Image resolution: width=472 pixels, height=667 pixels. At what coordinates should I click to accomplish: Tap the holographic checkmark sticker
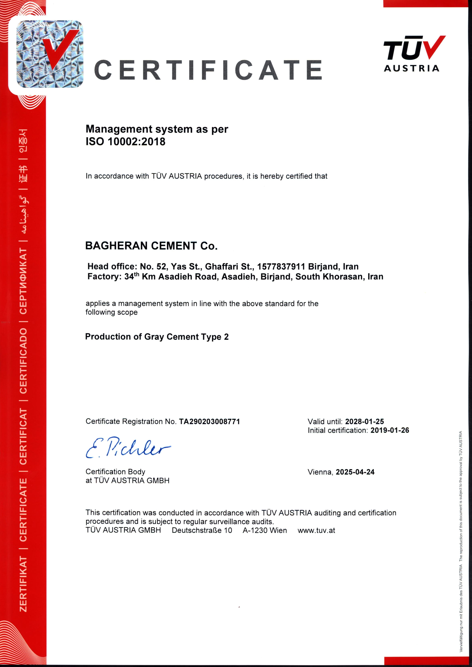pyautogui.click(x=49, y=54)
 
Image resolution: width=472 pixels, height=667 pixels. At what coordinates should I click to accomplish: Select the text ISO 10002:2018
pyautogui.click(x=125, y=142)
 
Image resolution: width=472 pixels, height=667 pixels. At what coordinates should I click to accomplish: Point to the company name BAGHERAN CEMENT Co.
pyautogui.click(x=151, y=246)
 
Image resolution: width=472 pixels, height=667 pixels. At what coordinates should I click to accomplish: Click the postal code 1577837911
pyautogui.click(x=281, y=266)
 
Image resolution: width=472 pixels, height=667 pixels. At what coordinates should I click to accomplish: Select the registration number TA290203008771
pyautogui.click(x=209, y=422)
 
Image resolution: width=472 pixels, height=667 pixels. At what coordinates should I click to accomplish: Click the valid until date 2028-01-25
pyautogui.click(x=364, y=422)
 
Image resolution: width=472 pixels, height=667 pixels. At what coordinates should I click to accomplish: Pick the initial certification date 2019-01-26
pyautogui.click(x=390, y=430)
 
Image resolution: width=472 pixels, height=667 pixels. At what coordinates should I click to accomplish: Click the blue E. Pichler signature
pyautogui.click(x=128, y=448)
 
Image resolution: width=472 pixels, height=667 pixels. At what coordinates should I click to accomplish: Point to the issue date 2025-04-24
pyautogui.click(x=355, y=472)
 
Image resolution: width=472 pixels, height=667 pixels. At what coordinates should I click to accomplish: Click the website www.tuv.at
pyautogui.click(x=316, y=530)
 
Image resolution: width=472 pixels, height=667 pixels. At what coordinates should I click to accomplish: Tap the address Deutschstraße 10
pyautogui.click(x=202, y=530)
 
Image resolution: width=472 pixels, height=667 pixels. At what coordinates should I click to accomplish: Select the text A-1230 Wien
pyautogui.click(x=265, y=530)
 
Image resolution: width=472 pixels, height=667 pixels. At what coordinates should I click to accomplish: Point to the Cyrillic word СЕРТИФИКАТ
pyautogui.click(x=23, y=281)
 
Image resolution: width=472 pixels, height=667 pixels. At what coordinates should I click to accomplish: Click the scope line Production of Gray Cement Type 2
pyautogui.click(x=157, y=337)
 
